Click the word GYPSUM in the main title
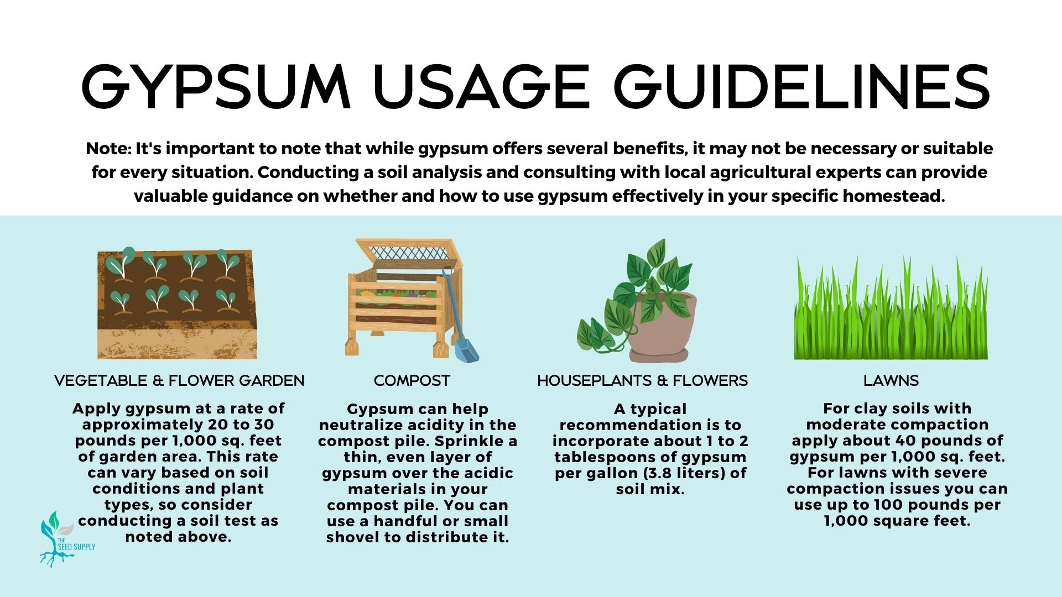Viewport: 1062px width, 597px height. point(216,87)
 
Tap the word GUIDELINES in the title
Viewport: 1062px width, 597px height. point(801,87)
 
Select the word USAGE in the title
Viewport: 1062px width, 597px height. point(482,87)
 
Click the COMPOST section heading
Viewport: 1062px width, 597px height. point(412,381)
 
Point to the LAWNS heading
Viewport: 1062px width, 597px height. point(891,381)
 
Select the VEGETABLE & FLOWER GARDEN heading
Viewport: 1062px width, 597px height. point(179,381)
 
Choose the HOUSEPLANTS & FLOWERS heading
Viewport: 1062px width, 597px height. point(642,381)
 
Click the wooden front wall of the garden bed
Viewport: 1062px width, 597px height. point(178,344)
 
